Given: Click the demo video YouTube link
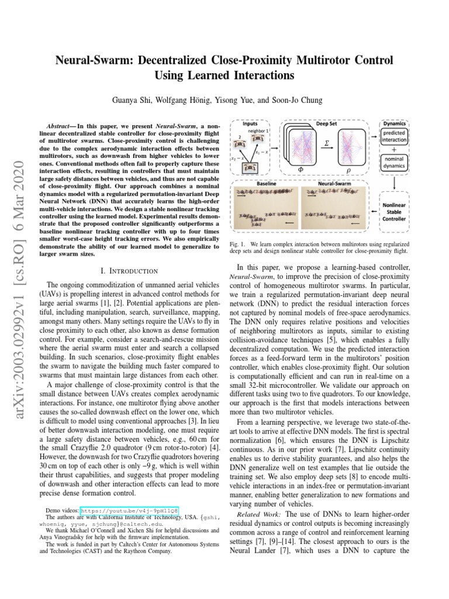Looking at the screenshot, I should click(129, 510).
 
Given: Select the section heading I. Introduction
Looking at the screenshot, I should click(129, 271).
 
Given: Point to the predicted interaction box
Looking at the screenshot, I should click(395, 137).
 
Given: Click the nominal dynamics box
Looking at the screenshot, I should click(395, 162).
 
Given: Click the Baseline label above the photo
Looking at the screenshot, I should click(266, 183).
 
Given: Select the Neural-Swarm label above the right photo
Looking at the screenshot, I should click(333, 183).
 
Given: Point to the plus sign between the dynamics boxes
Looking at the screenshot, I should click(395, 149).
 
